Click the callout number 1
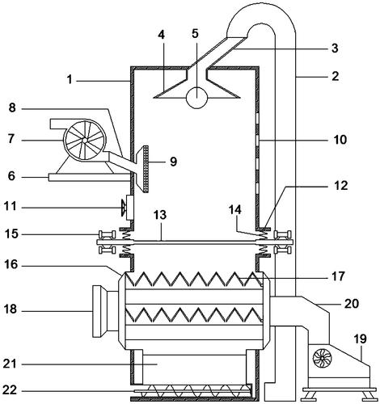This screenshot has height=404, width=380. [70, 80]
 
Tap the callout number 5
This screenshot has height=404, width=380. [195, 33]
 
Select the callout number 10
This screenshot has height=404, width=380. [340, 140]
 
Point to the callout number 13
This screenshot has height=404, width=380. [160, 215]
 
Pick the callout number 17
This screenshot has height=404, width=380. [339, 276]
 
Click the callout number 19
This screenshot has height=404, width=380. [361, 339]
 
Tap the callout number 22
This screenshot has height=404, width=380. [10, 389]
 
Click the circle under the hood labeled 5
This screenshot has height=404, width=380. [196, 98]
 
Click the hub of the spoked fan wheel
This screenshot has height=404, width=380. [85, 140]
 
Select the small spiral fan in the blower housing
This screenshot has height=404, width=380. [323, 358]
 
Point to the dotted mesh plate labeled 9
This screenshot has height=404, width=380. [146, 170]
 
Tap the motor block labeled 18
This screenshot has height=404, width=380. [106, 311]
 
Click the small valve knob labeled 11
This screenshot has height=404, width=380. [124, 208]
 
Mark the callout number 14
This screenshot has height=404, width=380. [235, 210]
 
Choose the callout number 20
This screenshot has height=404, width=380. [352, 304]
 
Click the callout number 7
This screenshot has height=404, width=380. [11, 139]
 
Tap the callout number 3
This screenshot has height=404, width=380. [335, 48]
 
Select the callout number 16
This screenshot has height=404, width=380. [11, 265]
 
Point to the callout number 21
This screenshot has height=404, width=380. [10, 364]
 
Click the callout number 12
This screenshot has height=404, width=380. [341, 186]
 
